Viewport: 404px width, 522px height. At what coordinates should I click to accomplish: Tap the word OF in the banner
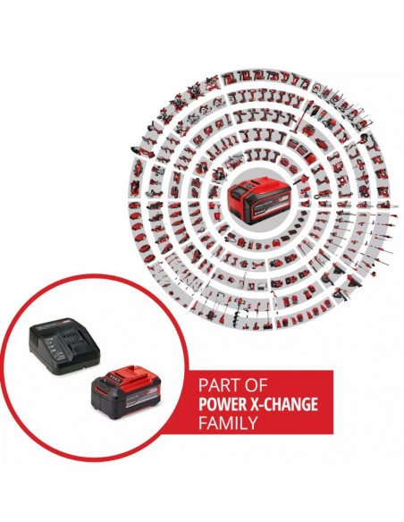256,385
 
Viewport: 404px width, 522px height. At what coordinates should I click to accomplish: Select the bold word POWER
221,404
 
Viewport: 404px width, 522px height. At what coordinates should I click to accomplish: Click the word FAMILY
228,423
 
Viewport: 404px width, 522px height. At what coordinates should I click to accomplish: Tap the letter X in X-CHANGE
251,404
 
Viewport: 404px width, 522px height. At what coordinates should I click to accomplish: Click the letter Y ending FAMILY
253,423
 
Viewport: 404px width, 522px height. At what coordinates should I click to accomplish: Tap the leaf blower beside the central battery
300,179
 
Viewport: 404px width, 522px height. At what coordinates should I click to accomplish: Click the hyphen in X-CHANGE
259,405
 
